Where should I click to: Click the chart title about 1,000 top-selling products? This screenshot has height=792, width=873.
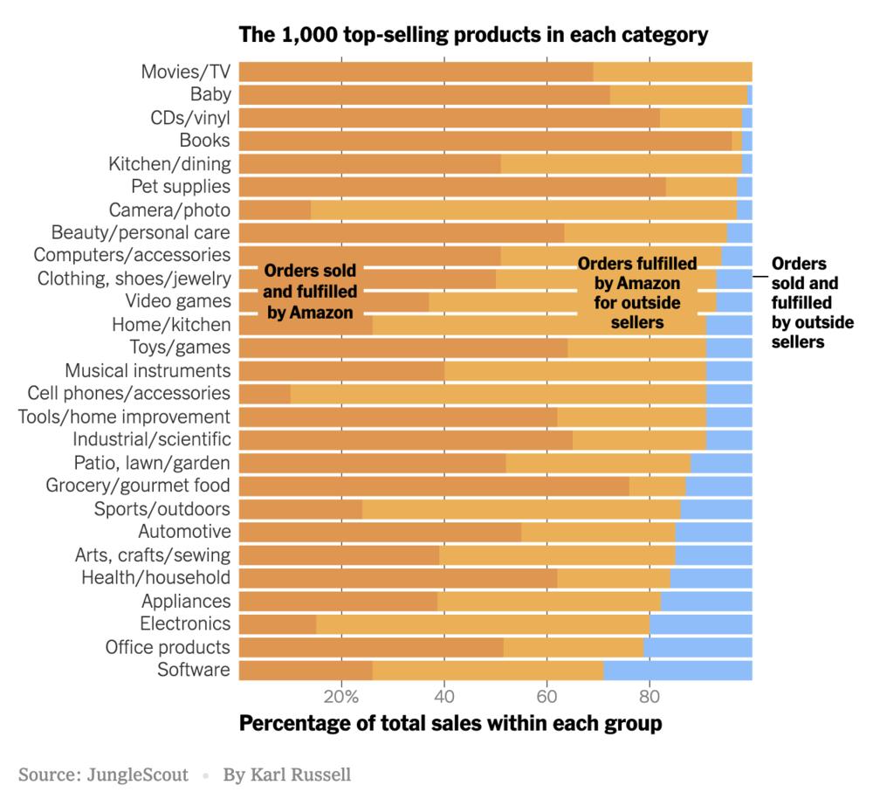(x=472, y=36)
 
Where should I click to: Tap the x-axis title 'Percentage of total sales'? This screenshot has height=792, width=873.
(x=450, y=724)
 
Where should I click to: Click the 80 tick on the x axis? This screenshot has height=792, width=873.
(x=650, y=697)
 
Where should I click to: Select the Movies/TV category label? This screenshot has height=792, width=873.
(x=186, y=72)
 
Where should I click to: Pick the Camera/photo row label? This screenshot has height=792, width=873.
(x=169, y=210)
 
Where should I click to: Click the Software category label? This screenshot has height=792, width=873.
(x=194, y=670)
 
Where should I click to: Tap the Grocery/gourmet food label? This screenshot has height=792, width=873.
(x=138, y=486)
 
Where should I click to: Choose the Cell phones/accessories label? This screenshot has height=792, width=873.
(x=129, y=393)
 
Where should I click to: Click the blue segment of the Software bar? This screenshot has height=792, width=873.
(x=677, y=670)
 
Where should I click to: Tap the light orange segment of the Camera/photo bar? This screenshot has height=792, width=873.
(x=524, y=210)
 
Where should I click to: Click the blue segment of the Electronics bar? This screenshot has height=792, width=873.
(x=701, y=623)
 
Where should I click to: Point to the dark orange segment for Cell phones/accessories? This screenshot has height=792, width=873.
(x=265, y=393)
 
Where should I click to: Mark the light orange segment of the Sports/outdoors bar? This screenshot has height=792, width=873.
(x=521, y=508)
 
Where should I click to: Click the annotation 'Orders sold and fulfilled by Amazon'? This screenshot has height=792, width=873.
(x=310, y=291)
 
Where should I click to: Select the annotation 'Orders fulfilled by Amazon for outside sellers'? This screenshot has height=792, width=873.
(x=636, y=293)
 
